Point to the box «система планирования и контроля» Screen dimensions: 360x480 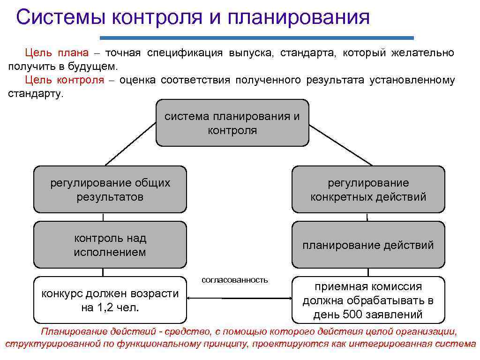[232, 123]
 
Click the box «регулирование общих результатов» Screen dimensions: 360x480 [110, 189]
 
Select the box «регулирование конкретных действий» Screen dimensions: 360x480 [368, 189]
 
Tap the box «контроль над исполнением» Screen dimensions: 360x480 [110, 245]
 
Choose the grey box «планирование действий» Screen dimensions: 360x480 [368, 245]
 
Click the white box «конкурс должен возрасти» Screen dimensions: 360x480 [110, 300]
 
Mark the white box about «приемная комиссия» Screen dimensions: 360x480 [368, 300]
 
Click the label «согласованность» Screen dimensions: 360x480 [234, 280]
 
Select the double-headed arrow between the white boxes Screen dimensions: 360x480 [239, 297]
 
